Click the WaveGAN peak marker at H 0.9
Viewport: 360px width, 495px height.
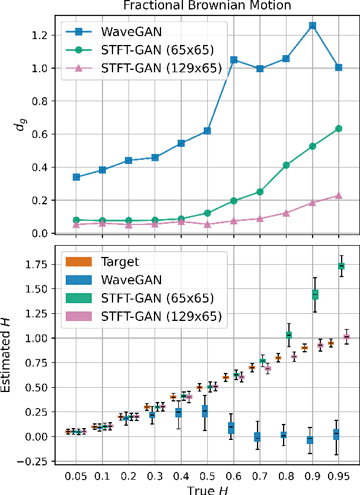point(312,25)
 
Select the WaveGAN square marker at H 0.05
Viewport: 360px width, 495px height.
point(76,177)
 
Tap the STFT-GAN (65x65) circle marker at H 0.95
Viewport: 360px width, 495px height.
point(339,128)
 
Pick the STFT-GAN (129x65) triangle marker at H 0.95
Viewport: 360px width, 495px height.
point(339,195)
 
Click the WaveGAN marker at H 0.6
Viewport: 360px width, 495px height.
point(234,60)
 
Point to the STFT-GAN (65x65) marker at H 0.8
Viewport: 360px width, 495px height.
point(286,165)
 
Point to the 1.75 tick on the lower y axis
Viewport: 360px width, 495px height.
point(40,264)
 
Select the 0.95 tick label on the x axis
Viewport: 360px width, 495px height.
point(339,476)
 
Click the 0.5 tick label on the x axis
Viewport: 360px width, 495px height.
point(207,476)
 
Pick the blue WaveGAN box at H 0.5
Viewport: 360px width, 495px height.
point(205,410)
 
